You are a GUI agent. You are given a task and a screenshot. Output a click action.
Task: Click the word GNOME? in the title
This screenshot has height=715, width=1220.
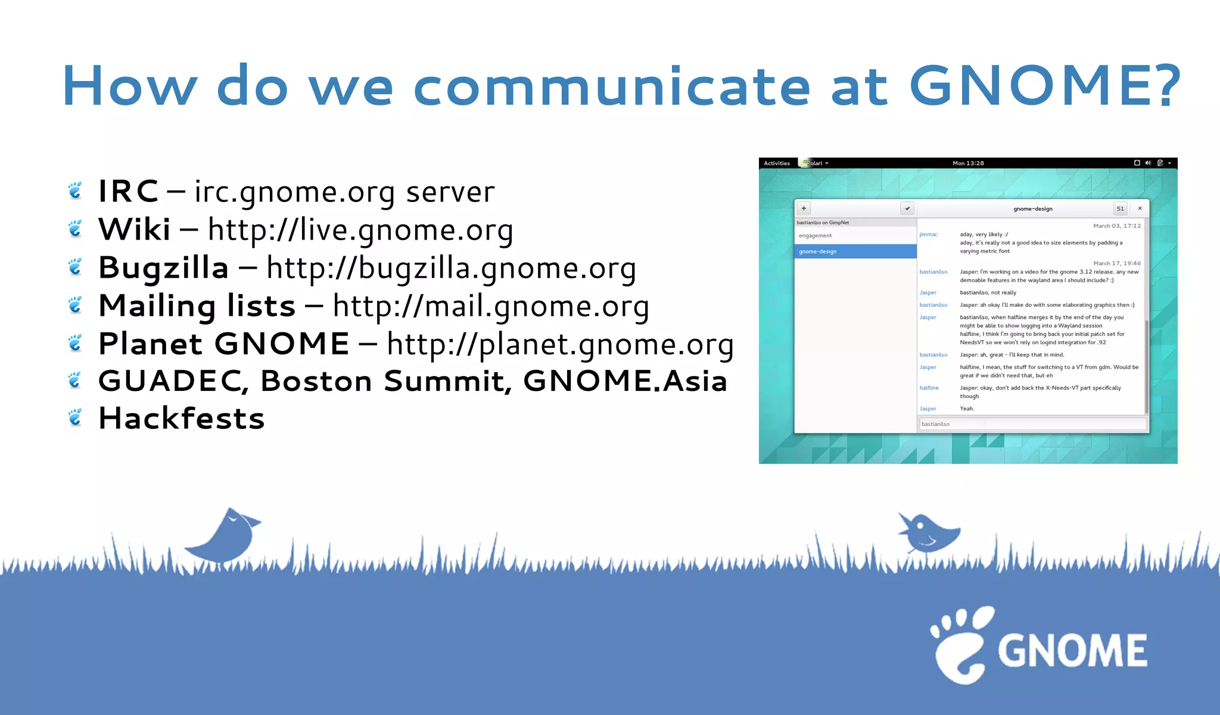[1045, 86]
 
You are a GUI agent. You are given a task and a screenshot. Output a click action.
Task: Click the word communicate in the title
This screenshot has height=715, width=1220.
[612, 86]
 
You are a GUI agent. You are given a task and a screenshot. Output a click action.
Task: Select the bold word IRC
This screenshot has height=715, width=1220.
[128, 191]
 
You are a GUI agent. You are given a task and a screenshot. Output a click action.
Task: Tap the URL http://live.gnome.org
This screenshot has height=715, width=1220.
[360, 230]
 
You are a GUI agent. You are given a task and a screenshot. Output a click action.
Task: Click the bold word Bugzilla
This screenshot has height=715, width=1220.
[164, 268]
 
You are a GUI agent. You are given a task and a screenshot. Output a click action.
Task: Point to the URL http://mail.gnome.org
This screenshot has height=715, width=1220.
[491, 306]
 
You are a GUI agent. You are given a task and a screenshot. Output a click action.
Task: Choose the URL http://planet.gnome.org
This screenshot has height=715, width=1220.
[560, 344]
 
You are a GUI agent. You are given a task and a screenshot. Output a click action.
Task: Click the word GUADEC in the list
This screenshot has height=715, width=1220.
[173, 381]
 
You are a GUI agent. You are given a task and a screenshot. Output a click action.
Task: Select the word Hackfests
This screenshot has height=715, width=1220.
[182, 418]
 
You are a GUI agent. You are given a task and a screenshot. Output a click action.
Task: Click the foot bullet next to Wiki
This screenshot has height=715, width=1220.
[75, 229]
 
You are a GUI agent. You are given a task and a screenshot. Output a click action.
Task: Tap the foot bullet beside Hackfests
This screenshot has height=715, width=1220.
[75, 418]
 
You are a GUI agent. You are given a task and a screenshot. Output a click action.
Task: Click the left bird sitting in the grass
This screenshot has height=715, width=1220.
[226, 536]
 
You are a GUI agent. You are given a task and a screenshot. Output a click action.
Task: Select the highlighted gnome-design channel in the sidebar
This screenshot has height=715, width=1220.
[855, 251]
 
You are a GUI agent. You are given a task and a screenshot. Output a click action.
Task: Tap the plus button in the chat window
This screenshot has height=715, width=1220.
[804, 209]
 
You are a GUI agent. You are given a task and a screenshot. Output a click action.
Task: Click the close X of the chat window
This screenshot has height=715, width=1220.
[1140, 209]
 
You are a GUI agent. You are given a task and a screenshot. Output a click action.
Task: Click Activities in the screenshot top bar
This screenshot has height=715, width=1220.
[777, 163]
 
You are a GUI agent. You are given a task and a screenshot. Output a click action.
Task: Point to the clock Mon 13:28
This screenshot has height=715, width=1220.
[968, 163]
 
